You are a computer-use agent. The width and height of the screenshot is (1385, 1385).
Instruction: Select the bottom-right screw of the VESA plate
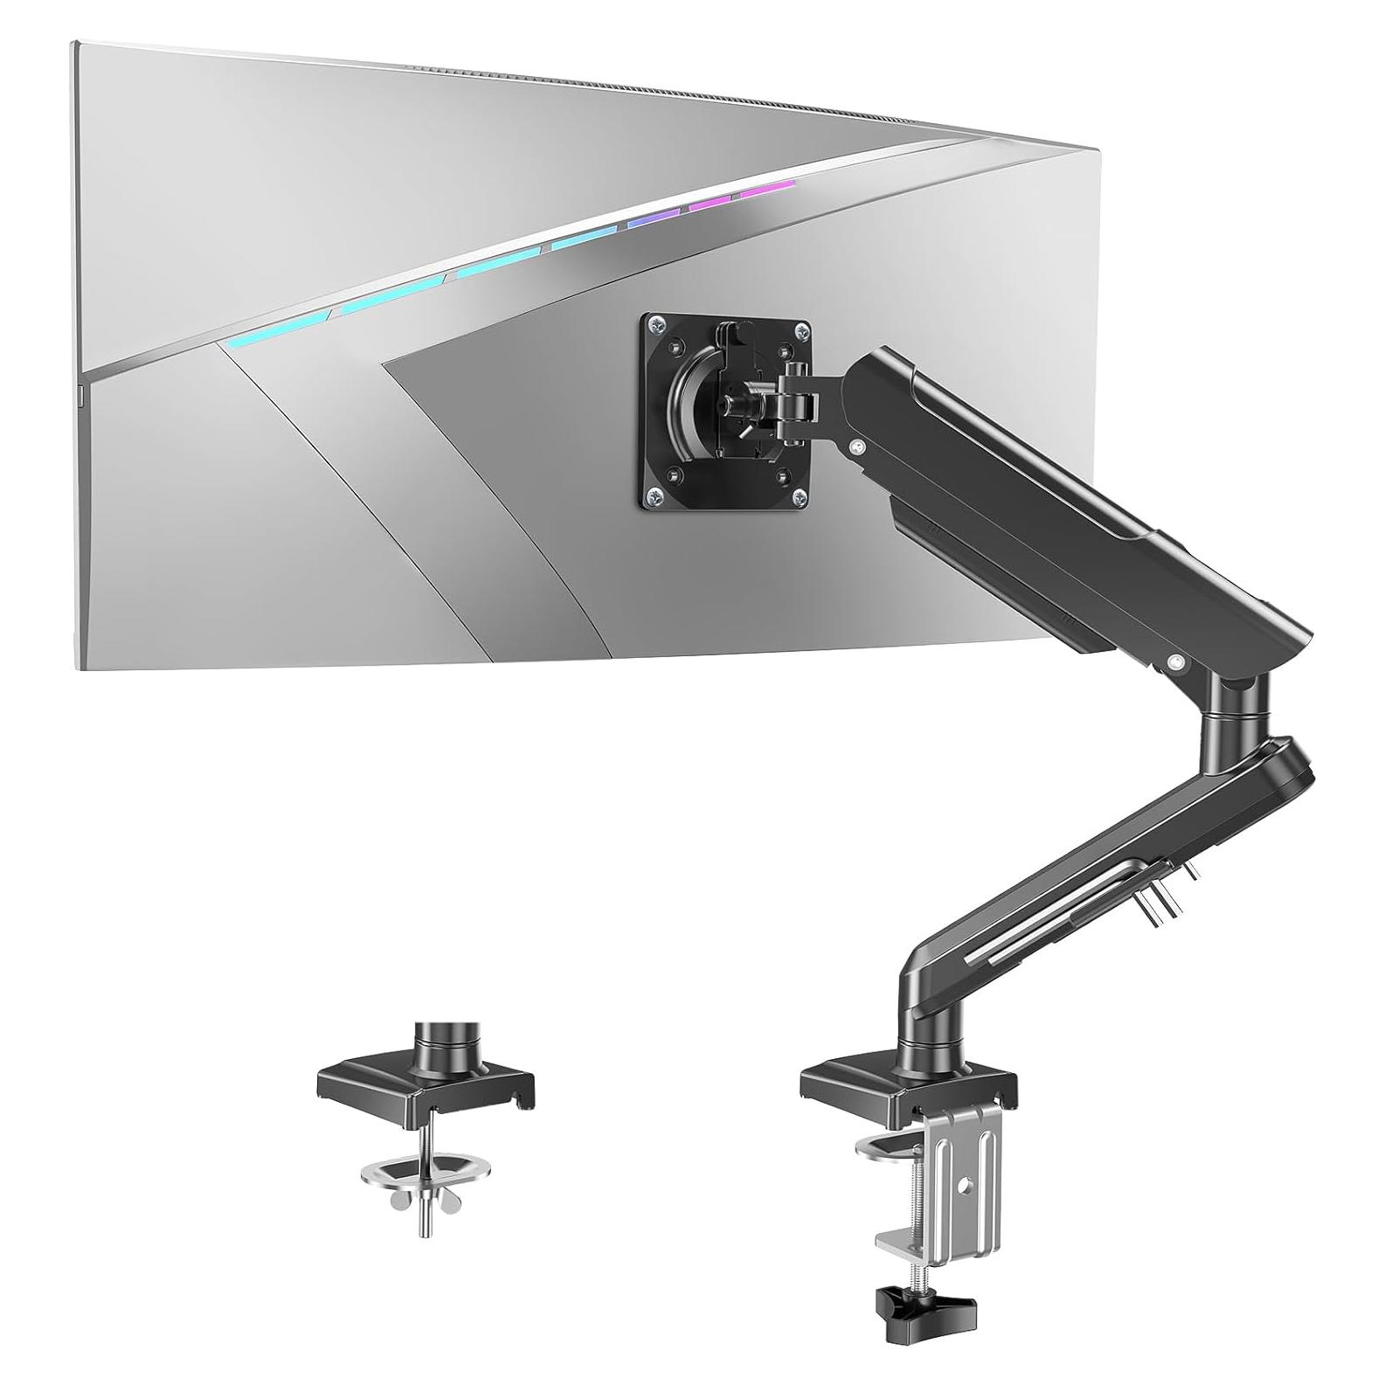tap(800, 497)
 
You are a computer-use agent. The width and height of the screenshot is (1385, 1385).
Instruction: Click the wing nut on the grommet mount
tap(423, 1201)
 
